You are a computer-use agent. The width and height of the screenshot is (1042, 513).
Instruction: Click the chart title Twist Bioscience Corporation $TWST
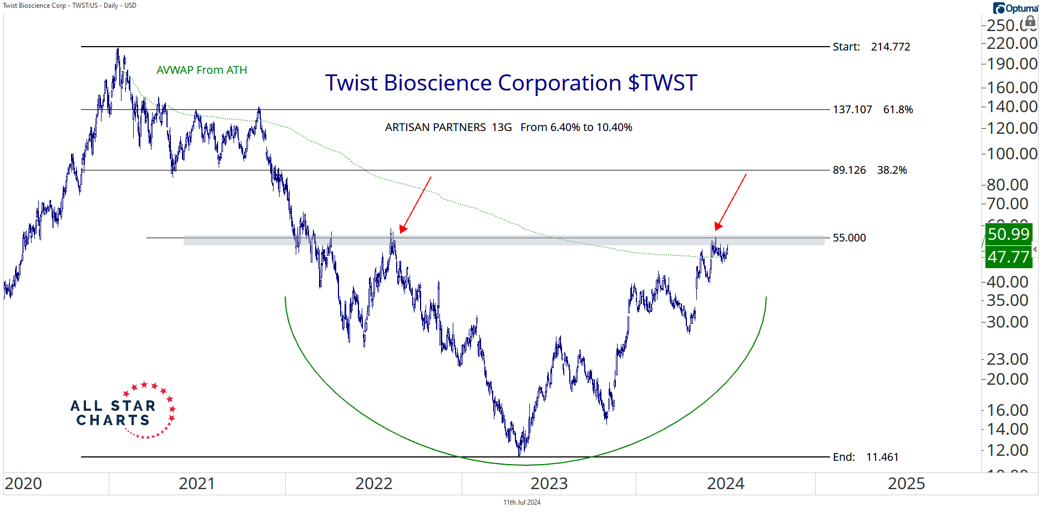tap(510, 83)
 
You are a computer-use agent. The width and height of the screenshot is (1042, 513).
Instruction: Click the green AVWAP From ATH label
tap(201, 70)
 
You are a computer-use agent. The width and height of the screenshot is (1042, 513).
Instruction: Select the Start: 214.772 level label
tap(871, 47)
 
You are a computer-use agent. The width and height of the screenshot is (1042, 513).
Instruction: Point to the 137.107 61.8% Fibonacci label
tap(872, 109)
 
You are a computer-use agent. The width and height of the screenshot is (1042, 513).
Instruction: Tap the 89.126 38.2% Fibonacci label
tap(869, 170)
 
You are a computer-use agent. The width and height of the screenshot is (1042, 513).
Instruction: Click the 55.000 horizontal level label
tap(849, 238)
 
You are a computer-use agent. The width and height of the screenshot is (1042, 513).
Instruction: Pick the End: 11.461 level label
tap(865, 457)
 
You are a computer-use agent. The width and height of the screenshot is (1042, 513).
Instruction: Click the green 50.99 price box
tap(1008, 234)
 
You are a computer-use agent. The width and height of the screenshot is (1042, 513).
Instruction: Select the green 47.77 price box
tap(1008, 257)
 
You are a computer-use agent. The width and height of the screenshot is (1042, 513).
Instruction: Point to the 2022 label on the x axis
tap(373, 484)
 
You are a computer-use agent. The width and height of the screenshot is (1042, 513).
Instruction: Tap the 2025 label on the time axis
tap(906, 484)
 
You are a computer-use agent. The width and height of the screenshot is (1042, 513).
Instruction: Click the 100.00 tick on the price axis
tap(1011, 153)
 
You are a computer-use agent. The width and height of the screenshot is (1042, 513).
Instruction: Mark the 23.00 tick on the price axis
tap(1007, 359)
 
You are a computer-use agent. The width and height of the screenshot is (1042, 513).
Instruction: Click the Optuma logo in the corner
tap(1015, 8)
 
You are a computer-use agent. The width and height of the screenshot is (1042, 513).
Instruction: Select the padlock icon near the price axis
tap(1030, 22)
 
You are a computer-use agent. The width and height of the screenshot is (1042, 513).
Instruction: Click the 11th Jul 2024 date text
tap(522, 502)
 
